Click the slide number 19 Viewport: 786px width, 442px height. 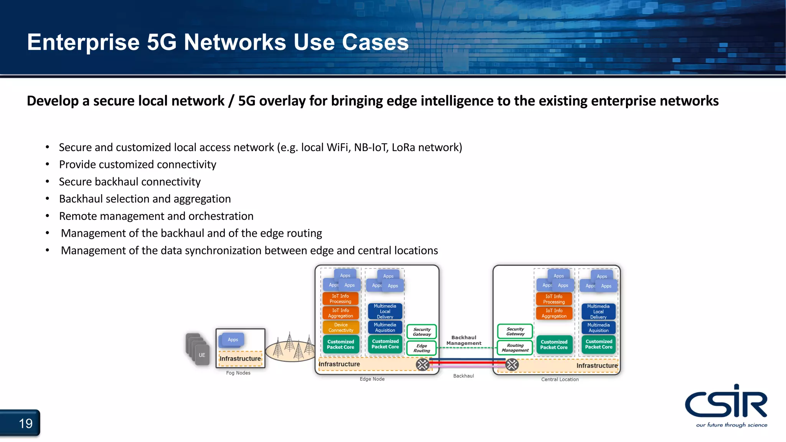coord(25,424)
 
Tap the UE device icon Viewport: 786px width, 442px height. coord(202,355)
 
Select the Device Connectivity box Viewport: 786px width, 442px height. coord(341,328)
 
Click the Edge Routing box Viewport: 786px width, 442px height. coord(421,348)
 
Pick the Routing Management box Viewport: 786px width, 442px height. coord(515,348)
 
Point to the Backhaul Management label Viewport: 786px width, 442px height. coord(464,340)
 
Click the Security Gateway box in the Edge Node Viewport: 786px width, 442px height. coord(421,332)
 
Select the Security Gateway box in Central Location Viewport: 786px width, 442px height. coord(515,331)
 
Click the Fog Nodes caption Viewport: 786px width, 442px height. coord(238,373)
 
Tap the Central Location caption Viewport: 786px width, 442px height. coord(560,379)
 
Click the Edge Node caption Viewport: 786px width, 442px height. coord(372,379)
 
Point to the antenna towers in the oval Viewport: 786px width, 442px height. coord(290,347)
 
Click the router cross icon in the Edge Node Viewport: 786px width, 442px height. coord(423,364)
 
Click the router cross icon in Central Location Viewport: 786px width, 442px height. coord(512,364)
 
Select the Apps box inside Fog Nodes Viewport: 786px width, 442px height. coord(233,340)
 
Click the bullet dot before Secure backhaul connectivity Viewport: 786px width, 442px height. coord(47,181)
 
